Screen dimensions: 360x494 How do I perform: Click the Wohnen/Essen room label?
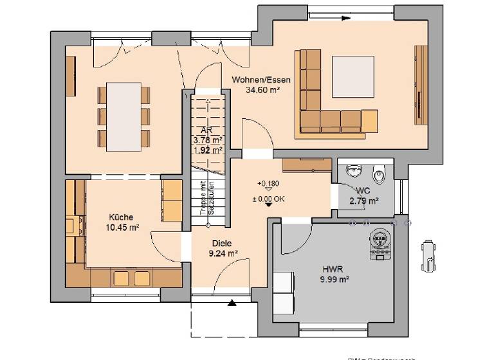[261, 80]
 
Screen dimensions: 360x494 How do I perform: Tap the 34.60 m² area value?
[261, 91]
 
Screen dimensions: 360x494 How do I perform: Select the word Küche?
[121, 217]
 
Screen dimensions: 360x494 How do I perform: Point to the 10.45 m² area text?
[122, 227]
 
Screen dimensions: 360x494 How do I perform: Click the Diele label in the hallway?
[222, 244]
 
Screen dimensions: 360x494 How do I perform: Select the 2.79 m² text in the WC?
[363, 201]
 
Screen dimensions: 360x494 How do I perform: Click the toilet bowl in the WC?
[380, 172]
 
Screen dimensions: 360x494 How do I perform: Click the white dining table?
[123, 116]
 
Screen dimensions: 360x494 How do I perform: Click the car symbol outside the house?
[426, 255]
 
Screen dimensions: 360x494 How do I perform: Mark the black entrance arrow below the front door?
[232, 302]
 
